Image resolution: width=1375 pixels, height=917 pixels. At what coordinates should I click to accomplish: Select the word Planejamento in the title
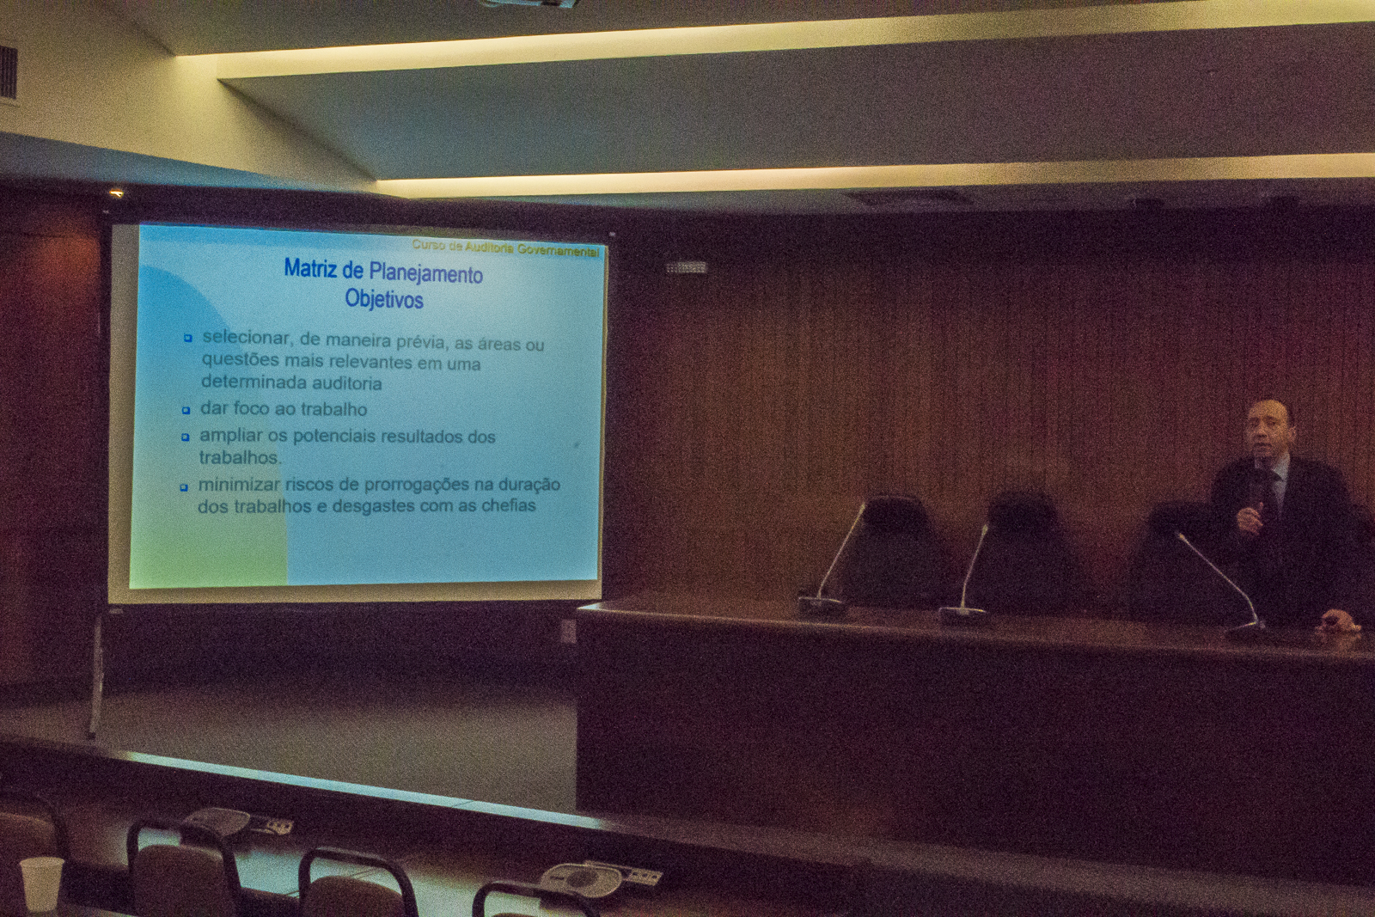[x=425, y=274]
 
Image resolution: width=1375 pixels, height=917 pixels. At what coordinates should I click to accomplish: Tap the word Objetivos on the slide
[x=384, y=299]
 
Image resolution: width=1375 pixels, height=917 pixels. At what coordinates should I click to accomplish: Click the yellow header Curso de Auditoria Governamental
[x=505, y=248]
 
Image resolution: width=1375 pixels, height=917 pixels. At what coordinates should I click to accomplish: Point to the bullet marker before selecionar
[x=188, y=338]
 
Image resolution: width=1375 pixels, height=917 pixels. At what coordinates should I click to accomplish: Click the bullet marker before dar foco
[x=186, y=410]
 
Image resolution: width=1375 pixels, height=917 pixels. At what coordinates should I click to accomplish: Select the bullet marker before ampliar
[x=186, y=437]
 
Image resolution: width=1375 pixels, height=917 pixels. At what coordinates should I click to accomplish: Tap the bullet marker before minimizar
[x=184, y=487]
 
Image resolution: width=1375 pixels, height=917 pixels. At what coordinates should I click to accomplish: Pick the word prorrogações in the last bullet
[x=417, y=485]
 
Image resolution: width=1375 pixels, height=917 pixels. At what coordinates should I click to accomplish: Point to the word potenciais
[x=334, y=437]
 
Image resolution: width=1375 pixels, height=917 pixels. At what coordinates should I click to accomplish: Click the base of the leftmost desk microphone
[x=822, y=607]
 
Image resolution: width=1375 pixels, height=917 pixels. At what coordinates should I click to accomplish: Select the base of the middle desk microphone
[x=962, y=615]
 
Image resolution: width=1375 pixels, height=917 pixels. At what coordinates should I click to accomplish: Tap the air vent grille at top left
[x=8, y=72]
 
